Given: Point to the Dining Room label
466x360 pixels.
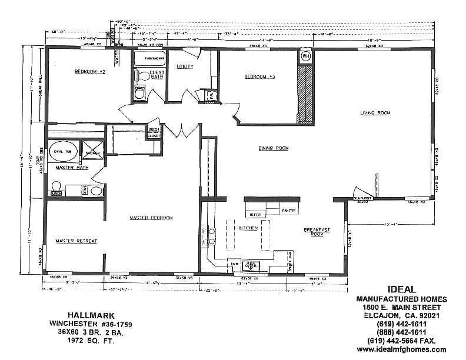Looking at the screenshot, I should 274,148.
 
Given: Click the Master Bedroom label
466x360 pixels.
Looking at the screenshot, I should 151,218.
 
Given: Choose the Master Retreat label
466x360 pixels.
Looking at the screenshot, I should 76,241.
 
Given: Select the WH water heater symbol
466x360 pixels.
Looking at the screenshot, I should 306,57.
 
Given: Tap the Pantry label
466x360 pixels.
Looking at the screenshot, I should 288,210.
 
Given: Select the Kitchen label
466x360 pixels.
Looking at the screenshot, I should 247,228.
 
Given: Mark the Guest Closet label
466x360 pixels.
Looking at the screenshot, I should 154,132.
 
